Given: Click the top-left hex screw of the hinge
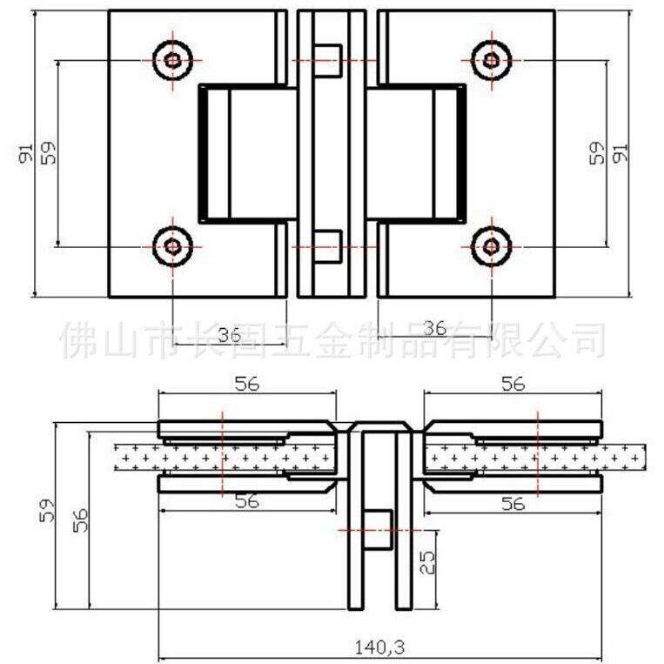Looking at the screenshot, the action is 173,61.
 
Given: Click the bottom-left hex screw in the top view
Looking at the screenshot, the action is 173,246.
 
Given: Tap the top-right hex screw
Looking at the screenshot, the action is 491,61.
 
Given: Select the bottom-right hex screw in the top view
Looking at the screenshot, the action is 491,246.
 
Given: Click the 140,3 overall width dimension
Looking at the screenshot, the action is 379,647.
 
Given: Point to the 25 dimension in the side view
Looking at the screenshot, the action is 427,562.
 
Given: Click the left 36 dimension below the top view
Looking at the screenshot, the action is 230,335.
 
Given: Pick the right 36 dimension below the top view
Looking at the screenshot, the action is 435,328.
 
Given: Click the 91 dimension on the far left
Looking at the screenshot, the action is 26,153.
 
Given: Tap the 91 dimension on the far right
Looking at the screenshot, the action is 620,152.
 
